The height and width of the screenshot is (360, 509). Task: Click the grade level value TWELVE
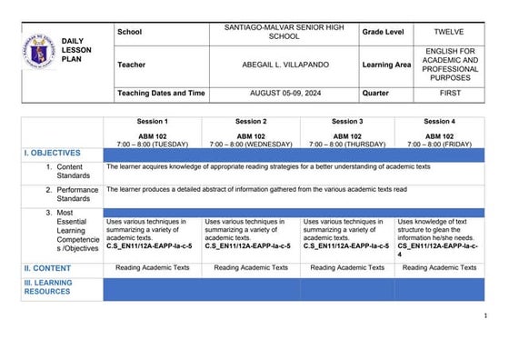click(x=448, y=31)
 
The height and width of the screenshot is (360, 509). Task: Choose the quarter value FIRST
click(x=448, y=94)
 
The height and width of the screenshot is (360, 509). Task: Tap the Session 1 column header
click(x=153, y=122)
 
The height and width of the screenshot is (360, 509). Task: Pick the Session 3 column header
click(x=345, y=122)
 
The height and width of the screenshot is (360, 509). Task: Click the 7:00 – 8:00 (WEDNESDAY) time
click(x=251, y=144)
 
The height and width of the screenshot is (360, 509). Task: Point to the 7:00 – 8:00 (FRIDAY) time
click(x=438, y=144)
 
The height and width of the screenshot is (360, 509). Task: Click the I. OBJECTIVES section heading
click(x=50, y=154)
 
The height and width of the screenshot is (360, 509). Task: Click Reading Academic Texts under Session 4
click(x=439, y=268)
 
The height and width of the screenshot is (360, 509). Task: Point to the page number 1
click(x=487, y=315)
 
